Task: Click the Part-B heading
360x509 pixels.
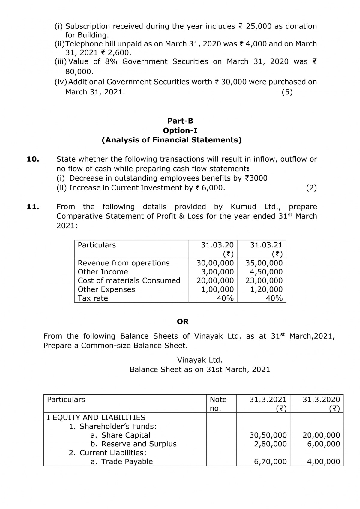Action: tap(180, 121)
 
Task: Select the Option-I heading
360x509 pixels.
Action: tap(180, 130)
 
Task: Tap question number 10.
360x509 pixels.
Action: tap(33, 159)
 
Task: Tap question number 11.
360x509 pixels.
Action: tap(33, 207)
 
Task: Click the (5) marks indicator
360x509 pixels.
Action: tap(287, 92)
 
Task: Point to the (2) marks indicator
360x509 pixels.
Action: tap(311, 188)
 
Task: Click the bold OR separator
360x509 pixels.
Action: tap(183, 322)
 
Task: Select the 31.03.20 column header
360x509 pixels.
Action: tap(217, 245)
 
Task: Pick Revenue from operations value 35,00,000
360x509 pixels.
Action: tap(264, 263)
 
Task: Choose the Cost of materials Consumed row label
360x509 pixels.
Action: tap(129, 280)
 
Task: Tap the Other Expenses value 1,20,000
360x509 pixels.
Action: tap(266, 289)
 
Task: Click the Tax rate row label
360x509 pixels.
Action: tap(93, 298)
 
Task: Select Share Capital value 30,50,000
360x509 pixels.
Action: tap(268, 435)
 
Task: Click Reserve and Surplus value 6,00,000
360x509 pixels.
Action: tap(323, 444)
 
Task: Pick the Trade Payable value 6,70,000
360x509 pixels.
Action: tap(270, 461)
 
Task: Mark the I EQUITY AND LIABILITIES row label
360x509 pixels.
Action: tap(96, 417)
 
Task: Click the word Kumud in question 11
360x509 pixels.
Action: tap(243, 207)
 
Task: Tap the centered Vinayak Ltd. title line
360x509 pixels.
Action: tap(200, 360)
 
